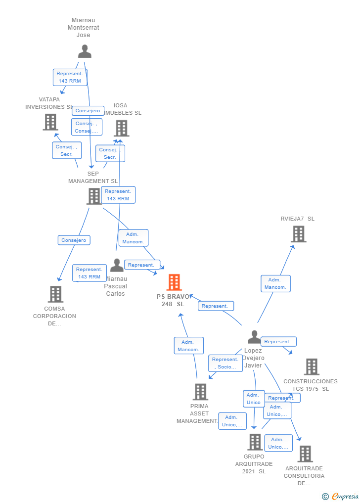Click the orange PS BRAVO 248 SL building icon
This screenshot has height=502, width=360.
[x=174, y=282]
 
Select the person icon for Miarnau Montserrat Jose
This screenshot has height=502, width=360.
[x=85, y=51]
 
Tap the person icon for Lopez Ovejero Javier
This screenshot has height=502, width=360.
[x=254, y=337]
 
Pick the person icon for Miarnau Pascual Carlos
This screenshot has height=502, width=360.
[x=117, y=266]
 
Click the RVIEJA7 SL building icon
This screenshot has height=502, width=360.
[x=298, y=234]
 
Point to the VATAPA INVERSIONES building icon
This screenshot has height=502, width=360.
[x=50, y=122]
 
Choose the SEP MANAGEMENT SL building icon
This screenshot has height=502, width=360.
[x=94, y=196]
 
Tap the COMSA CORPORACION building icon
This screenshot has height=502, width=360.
[x=55, y=294]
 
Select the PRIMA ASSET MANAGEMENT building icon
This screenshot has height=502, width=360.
[x=200, y=392]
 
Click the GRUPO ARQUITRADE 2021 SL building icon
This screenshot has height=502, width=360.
[x=255, y=442]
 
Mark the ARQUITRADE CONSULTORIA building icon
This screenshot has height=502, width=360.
[x=305, y=454]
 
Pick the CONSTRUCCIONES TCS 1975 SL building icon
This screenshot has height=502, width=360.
[x=312, y=367]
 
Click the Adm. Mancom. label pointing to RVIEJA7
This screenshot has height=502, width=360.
[x=275, y=283]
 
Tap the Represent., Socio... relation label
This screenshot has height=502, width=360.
[x=225, y=363]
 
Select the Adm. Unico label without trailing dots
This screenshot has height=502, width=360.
[x=254, y=399]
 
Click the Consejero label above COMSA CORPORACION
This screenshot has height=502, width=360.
[x=74, y=240]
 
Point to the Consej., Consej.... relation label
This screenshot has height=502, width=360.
[x=87, y=127]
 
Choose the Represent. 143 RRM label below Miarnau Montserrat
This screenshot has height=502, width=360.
[x=70, y=77]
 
